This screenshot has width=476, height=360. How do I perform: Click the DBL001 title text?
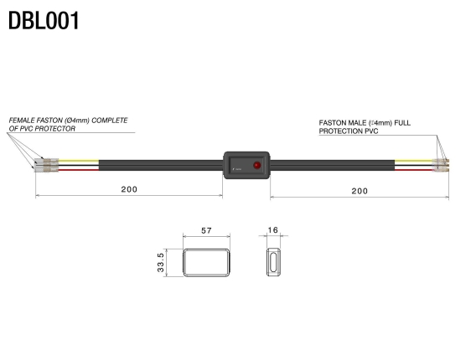pyautogui.click(x=44, y=20)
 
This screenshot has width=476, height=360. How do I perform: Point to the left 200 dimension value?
pyautogui.click(x=129, y=190)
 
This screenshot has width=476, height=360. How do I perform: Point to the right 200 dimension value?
pyautogui.click(x=360, y=191)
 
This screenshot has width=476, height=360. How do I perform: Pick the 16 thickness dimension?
pyautogui.click(x=272, y=230)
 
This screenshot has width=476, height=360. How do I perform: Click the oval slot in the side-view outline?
pyautogui.click(x=273, y=263)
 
